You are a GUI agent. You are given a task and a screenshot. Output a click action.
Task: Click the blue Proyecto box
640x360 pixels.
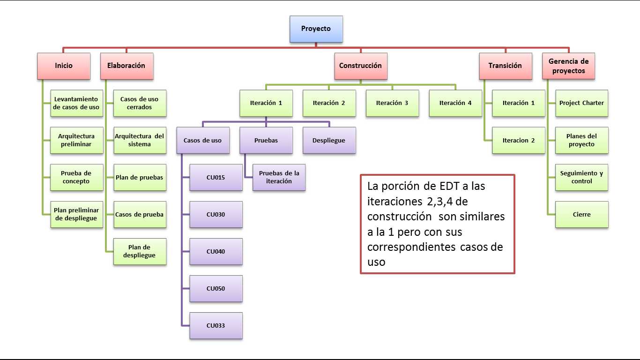(x=316, y=29)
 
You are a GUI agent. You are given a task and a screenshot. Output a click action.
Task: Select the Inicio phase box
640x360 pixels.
(x=64, y=66)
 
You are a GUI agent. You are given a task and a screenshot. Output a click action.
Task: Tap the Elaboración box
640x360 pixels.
(x=127, y=66)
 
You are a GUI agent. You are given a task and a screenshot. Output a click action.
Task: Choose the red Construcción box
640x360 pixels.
(x=361, y=66)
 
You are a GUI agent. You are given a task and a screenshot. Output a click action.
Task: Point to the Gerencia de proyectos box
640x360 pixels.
(x=569, y=66)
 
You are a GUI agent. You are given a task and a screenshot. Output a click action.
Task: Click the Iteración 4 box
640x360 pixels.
(x=455, y=103)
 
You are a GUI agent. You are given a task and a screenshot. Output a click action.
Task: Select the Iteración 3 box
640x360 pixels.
(x=392, y=103)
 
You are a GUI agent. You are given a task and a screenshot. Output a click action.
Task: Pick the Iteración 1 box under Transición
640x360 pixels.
(x=519, y=103)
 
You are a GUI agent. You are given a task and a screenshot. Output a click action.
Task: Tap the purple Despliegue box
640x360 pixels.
(x=329, y=141)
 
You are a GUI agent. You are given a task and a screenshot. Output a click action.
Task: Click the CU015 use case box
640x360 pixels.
(x=216, y=177)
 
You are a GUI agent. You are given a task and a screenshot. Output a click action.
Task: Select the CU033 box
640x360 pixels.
(x=216, y=326)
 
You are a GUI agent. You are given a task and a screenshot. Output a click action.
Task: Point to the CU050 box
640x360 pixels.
(x=216, y=288)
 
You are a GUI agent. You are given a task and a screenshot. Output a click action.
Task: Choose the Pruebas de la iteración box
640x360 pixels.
(x=279, y=177)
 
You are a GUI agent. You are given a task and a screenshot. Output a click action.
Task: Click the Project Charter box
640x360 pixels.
(x=582, y=103)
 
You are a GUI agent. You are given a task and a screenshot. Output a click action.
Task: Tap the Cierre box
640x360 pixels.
(x=582, y=215)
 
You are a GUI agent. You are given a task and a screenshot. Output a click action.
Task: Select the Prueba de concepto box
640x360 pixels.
(x=77, y=177)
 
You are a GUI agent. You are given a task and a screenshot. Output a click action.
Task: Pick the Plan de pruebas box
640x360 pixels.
(x=140, y=177)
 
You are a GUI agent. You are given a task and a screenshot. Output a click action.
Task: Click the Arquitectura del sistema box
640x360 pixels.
(x=140, y=141)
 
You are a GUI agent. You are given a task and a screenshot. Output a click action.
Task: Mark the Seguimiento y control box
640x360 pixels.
(x=582, y=177)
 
